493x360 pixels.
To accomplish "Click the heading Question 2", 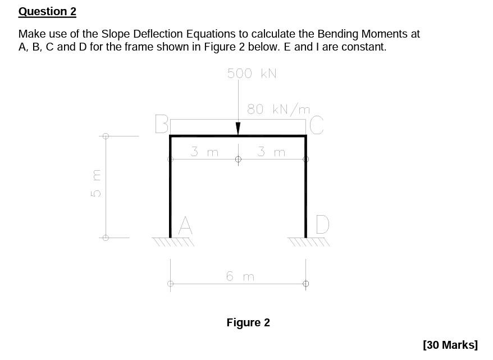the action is click(47, 12).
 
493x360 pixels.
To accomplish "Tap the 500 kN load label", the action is click(252, 74).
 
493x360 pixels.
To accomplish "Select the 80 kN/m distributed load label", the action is click(279, 109).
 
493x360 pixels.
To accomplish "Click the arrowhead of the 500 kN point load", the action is click(238, 129).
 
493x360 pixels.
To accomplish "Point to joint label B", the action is click(161, 125).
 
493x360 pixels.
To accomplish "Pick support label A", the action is click(185, 226).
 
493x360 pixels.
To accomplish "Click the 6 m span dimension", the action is click(240, 276).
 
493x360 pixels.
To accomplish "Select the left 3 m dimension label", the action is click(204, 152).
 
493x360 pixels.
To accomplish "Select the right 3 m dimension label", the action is click(271, 152).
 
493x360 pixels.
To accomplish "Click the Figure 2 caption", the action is click(248, 322).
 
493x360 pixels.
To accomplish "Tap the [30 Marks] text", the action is click(450, 344).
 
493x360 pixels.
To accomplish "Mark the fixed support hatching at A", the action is click(173, 242).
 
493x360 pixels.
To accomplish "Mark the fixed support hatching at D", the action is click(308, 242).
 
